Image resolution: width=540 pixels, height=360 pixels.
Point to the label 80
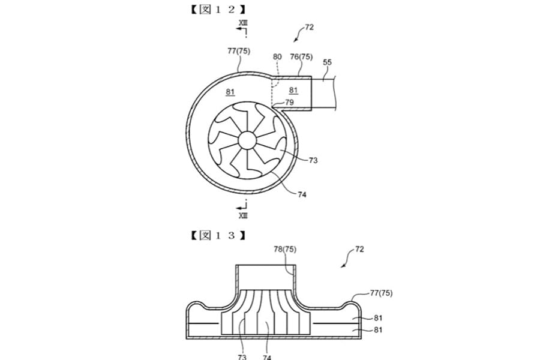277,58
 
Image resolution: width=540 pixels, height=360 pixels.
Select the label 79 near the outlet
290,102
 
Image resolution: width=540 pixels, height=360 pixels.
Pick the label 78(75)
286,249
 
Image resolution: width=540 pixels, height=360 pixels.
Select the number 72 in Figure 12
309,27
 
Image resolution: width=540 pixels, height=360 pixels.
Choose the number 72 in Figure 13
359,248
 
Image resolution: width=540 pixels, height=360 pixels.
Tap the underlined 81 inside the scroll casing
231,92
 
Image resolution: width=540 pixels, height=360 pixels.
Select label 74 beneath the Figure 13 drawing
266,356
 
